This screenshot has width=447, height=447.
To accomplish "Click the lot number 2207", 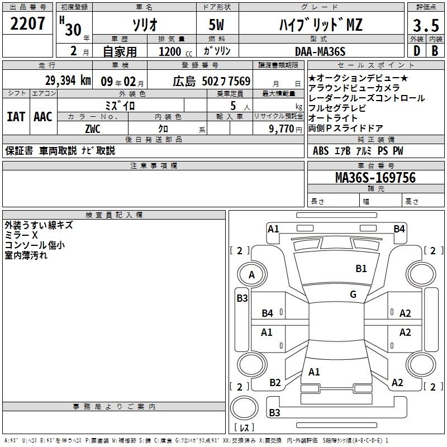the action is [27, 23].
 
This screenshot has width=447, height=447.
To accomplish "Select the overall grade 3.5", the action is [426, 25].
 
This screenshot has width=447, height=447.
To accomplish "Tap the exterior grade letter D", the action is [417, 51].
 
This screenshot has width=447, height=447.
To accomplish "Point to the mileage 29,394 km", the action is [68, 80].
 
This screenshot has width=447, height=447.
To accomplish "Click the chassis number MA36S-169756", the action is [375, 177].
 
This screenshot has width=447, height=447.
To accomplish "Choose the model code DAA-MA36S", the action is [320, 51].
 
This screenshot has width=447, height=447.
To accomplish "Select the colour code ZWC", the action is [93, 129].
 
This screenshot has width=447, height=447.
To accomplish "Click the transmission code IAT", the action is [16, 117].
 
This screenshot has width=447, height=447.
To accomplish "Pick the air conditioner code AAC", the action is [43, 117].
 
